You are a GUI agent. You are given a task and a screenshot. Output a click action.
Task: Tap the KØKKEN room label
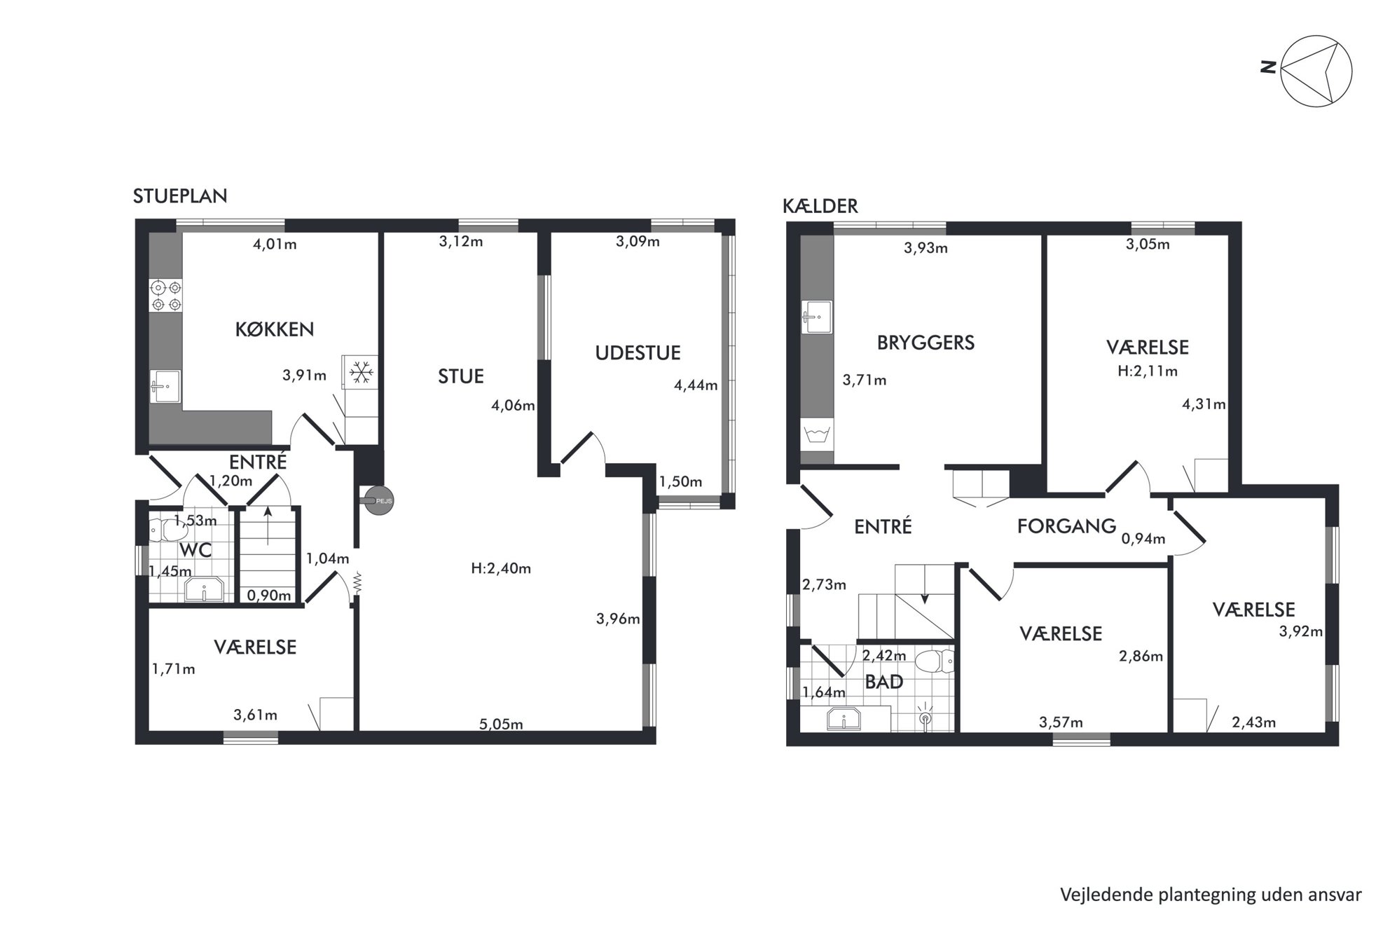coord(274,329)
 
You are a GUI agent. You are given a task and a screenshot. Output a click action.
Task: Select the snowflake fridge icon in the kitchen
coord(362,372)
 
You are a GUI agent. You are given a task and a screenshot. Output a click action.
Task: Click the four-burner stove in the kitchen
coord(166,296)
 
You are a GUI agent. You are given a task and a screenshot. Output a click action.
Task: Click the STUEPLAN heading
coord(180,196)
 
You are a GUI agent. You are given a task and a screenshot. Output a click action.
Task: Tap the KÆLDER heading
coord(820,206)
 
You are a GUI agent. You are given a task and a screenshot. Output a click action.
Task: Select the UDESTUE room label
coord(638,352)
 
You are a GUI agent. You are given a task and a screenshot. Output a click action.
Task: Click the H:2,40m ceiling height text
coord(501,568)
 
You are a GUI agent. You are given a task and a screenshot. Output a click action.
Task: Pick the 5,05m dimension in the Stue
coord(501,725)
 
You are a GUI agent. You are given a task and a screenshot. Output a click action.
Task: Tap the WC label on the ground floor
coord(195,550)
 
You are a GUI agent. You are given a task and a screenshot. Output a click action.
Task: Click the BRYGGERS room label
coord(925,343)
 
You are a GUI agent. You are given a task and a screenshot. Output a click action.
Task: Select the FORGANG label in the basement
coord(1066,526)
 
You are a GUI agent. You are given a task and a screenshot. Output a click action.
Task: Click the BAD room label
coord(883,682)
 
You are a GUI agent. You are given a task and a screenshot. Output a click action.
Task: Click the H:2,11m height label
coord(1148,371)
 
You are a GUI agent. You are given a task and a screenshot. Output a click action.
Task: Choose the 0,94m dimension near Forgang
coord(1143,539)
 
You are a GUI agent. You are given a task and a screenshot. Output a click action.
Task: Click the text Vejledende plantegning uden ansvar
coord(1211,895)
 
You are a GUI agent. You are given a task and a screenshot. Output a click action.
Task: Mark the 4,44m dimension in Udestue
coord(696,385)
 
